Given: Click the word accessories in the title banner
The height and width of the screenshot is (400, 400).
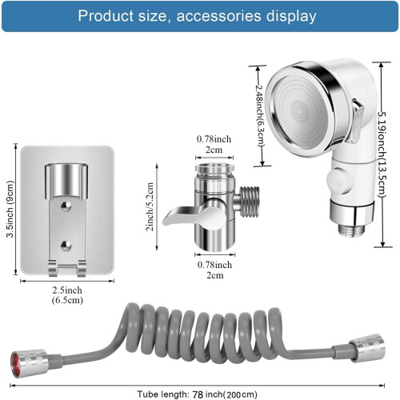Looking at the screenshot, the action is [218, 16].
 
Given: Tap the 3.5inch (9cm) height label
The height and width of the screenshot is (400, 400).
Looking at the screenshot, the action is [10, 209].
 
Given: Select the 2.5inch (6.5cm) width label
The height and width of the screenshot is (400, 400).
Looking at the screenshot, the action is [67, 295].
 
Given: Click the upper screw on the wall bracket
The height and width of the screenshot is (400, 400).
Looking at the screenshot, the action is [66, 206].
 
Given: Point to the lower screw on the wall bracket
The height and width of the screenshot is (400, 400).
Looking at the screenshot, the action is [66, 246].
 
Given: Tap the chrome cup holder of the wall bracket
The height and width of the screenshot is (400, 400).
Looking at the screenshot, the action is [66, 182].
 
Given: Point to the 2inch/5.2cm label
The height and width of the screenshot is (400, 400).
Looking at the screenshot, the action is [150, 206].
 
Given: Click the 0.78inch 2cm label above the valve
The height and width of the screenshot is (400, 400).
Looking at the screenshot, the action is [214, 144].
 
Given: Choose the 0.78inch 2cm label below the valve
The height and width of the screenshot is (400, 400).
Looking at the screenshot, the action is [214, 270].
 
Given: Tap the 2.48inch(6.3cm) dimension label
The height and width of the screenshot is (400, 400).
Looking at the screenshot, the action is [260, 115].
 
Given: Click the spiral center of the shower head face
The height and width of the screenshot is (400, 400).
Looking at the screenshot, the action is [299, 111].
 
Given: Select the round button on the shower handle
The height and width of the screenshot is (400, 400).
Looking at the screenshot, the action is [338, 182].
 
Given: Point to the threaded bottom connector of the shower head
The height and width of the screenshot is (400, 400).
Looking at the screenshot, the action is [352, 230].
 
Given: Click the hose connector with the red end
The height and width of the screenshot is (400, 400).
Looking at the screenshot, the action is [30, 363].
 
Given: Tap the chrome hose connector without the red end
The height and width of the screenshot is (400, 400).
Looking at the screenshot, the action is [366, 348].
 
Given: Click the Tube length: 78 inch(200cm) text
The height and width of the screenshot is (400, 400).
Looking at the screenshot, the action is [198, 394].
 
